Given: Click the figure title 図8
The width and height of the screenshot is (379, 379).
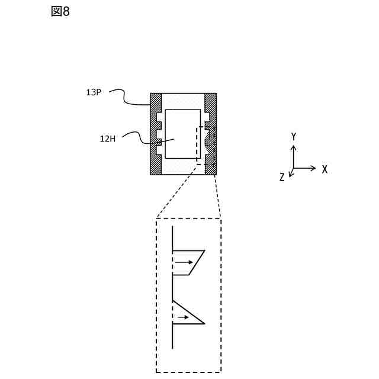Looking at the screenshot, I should [x=60, y=11].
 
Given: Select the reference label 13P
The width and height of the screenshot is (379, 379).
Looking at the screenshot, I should [x=95, y=92].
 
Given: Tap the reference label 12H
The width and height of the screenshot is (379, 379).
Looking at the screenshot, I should [x=107, y=139].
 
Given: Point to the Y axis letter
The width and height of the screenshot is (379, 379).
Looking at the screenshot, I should [x=294, y=137].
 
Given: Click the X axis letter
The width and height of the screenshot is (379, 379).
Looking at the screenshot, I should [x=325, y=169].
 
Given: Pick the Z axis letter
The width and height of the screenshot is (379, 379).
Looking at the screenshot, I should [x=282, y=177].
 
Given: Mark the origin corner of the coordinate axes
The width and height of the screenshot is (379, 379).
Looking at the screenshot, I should [x=294, y=168].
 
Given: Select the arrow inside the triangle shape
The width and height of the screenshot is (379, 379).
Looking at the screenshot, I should [x=182, y=317].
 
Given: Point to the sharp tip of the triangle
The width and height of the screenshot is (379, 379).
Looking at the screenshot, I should [x=204, y=323].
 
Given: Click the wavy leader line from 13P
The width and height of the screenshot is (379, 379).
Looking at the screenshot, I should [x=127, y=98].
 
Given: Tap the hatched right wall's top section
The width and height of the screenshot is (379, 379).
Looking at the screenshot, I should [x=211, y=102].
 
